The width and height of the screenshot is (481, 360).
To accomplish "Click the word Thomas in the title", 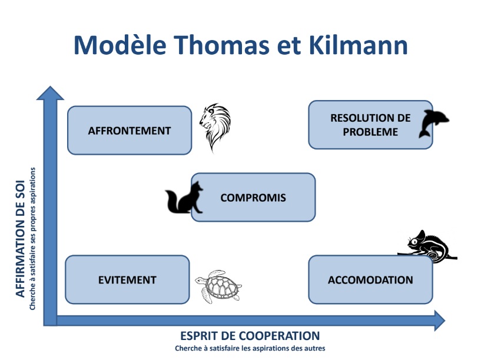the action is point(223,45).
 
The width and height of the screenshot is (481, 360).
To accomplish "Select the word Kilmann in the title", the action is point(359,45).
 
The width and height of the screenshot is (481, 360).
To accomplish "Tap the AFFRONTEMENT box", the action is point(130,131).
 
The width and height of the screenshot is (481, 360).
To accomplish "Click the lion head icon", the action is point(215,127).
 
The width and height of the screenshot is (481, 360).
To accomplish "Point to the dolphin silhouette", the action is point(433,124).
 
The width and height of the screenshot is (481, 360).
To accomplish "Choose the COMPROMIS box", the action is point(253,197).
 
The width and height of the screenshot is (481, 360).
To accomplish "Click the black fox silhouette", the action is point(184,198).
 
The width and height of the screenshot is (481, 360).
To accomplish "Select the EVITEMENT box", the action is point(127,280).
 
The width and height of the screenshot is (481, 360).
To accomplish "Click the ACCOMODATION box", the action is point(370,280).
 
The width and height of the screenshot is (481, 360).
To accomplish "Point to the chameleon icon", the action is point(428,246).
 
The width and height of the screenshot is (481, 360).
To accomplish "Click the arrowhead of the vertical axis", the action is point(50,94).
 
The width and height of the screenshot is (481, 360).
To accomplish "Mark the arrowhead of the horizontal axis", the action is point(440,321).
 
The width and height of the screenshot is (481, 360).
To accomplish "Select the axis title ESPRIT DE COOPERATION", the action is point(250,336).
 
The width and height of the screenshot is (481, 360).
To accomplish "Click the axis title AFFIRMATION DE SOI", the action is point(20,239).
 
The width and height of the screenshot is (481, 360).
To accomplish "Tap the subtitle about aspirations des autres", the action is point(250,348).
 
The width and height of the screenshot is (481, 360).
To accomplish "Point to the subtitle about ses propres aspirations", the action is point(32,239).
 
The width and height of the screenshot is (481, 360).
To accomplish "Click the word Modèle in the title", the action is point(120,45).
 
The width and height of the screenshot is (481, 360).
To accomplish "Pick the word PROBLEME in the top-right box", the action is point(370,132).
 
